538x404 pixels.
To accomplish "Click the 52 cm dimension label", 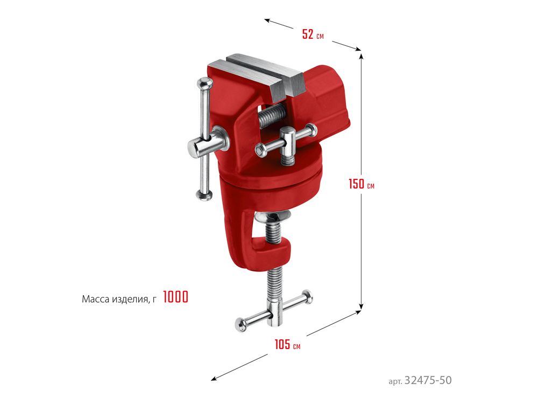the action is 313,34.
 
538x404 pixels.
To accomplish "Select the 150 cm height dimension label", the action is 362,184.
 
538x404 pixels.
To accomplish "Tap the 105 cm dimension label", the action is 287,345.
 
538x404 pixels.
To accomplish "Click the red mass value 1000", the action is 176,297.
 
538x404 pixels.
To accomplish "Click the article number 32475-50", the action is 428,380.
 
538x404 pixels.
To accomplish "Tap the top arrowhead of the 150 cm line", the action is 361,55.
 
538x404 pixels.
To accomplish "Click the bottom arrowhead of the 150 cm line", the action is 361,306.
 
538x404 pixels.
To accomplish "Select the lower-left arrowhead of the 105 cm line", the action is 214,379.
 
